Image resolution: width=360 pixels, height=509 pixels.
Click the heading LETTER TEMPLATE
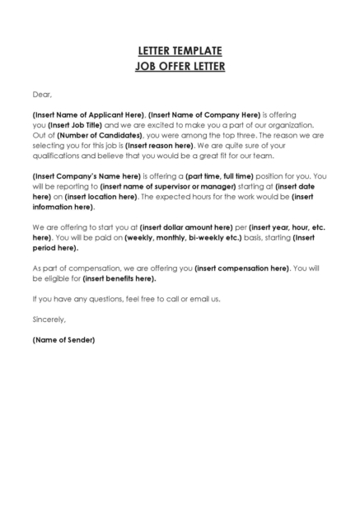point(180,51)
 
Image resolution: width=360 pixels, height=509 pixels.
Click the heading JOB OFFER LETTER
point(180,66)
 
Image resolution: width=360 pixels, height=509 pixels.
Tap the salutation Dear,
point(42,94)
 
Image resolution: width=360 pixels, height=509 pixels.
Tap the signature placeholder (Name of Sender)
point(63,339)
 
